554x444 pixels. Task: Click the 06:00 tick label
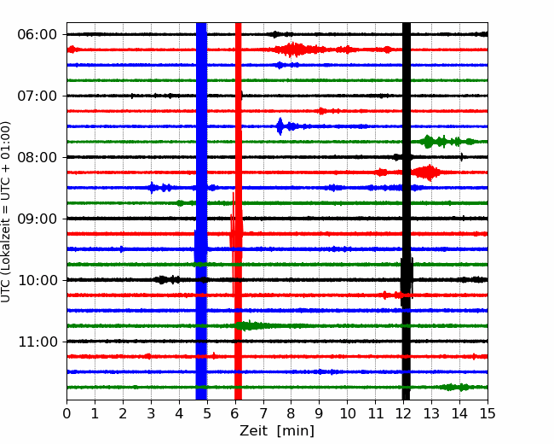pos(38,35)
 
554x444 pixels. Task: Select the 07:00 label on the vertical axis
pos(38,96)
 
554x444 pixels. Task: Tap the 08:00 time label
pos(38,157)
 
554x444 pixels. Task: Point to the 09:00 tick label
pos(38,219)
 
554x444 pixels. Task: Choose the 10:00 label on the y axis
pos(38,280)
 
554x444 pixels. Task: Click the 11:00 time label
pos(38,342)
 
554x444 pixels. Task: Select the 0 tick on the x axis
pos(66,413)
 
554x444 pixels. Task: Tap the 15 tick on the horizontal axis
pos(488,413)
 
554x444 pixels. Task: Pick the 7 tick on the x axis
pos(263,413)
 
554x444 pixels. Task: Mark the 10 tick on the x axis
pos(347,413)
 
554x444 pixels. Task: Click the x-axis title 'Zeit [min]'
pos(277,431)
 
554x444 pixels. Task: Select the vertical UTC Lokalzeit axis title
pos(6,212)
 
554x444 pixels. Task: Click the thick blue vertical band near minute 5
pos(201,212)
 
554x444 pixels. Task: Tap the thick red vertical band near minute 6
pos(238,212)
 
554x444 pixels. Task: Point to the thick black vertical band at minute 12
pos(407,212)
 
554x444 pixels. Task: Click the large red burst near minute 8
pos(292,50)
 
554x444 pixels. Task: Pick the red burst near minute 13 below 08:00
pos(428,172)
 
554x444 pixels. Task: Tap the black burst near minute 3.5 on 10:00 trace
pos(167,280)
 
